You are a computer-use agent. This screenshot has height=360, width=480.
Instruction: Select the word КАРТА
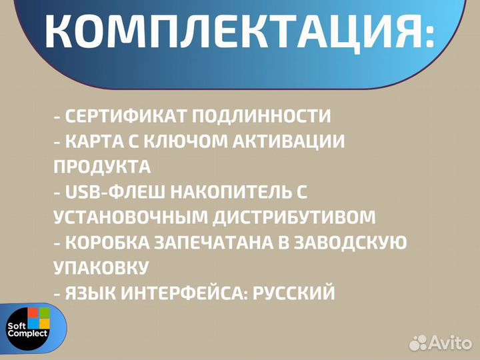coord(99,141)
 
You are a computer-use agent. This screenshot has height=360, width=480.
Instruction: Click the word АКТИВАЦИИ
coord(294,141)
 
